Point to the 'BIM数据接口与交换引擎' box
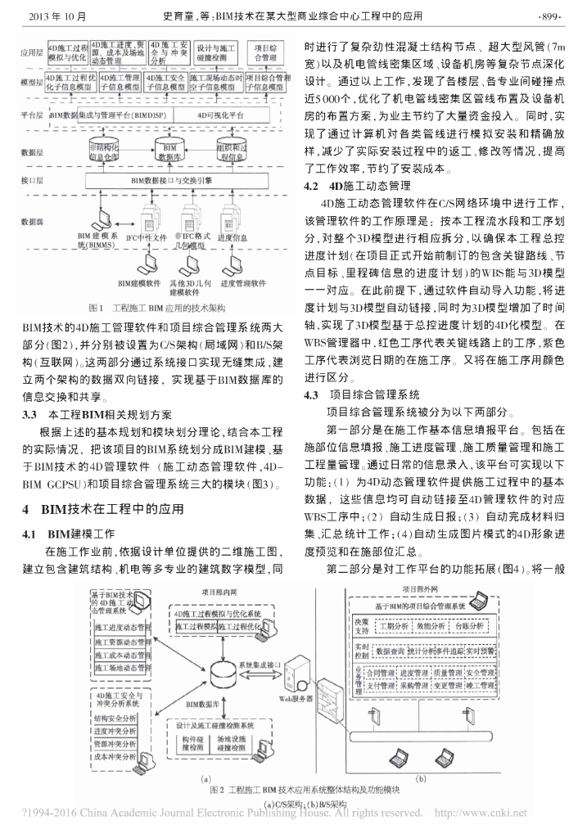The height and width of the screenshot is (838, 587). pyautogui.click(x=169, y=180)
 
